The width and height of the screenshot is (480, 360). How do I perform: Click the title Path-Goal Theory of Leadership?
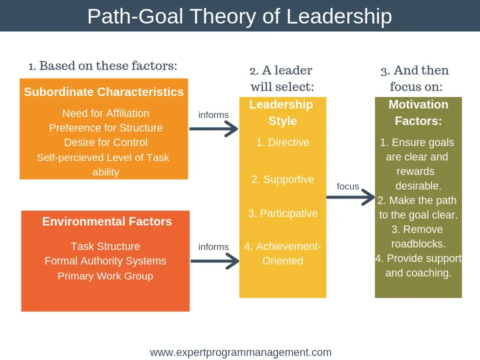(x=239, y=16)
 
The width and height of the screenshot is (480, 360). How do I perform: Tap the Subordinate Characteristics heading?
(x=104, y=92)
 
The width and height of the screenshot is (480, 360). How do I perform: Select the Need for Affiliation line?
(x=105, y=113)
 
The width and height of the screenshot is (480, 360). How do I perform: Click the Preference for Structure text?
(x=105, y=128)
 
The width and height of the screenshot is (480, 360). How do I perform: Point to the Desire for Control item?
(x=105, y=142)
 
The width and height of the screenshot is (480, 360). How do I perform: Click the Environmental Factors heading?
(x=107, y=221)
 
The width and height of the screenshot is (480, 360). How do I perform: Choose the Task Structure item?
(x=105, y=246)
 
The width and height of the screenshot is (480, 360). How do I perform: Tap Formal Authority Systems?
(x=105, y=261)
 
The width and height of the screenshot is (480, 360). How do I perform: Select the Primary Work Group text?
(x=105, y=276)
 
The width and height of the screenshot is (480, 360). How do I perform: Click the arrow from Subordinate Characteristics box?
(x=213, y=129)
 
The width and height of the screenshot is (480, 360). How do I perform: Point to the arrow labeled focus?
(x=350, y=197)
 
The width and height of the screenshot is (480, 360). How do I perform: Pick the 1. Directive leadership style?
(x=283, y=142)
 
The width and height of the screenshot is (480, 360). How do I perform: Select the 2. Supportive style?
(x=283, y=179)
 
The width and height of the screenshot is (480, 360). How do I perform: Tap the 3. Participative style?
(x=283, y=213)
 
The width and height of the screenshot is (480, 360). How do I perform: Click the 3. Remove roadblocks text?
(x=418, y=237)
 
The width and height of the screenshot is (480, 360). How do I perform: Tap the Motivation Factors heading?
(x=418, y=112)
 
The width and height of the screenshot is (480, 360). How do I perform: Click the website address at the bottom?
(x=240, y=352)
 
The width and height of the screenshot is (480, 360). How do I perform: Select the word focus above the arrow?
(x=348, y=186)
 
